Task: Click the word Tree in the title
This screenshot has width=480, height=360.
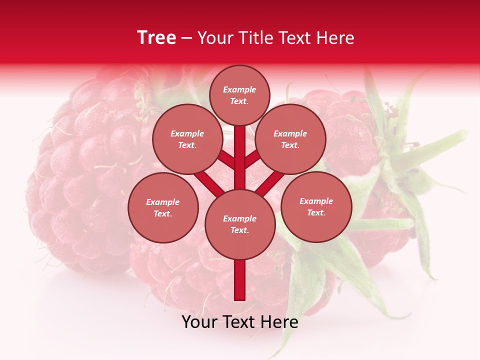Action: pyautogui.click(x=156, y=37)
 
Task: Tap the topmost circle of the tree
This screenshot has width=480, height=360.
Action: pyautogui.click(x=239, y=95)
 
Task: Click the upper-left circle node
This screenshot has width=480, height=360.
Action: pyautogui.click(x=187, y=139)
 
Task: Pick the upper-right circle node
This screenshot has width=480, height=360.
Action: pyautogui.click(x=290, y=139)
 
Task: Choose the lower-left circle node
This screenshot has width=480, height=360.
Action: pyautogui.click(x=163, y=207)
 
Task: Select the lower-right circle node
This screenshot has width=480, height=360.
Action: pyautogui.click(x=316, y=206)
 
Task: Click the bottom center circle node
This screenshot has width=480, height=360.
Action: pyautogui.click(x=240, y=224)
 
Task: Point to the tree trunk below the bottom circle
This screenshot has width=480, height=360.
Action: pyautogui.click(x=240, y=280)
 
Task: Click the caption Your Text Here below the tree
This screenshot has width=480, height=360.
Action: pyautogui.click(x=240, y=322)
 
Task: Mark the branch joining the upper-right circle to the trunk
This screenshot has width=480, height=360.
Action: pyautogui.click(x=252, y=159)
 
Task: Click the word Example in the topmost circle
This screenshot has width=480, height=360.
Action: pyautogui.click(x=239, y=89)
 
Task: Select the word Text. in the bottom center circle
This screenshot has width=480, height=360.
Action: pyautogui.click(x=239, y=230)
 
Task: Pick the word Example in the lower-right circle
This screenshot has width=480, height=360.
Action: pyautogui.click(x=316, y=201)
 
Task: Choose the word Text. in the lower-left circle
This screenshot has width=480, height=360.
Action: pyautogui.click(x=162, y=214)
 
